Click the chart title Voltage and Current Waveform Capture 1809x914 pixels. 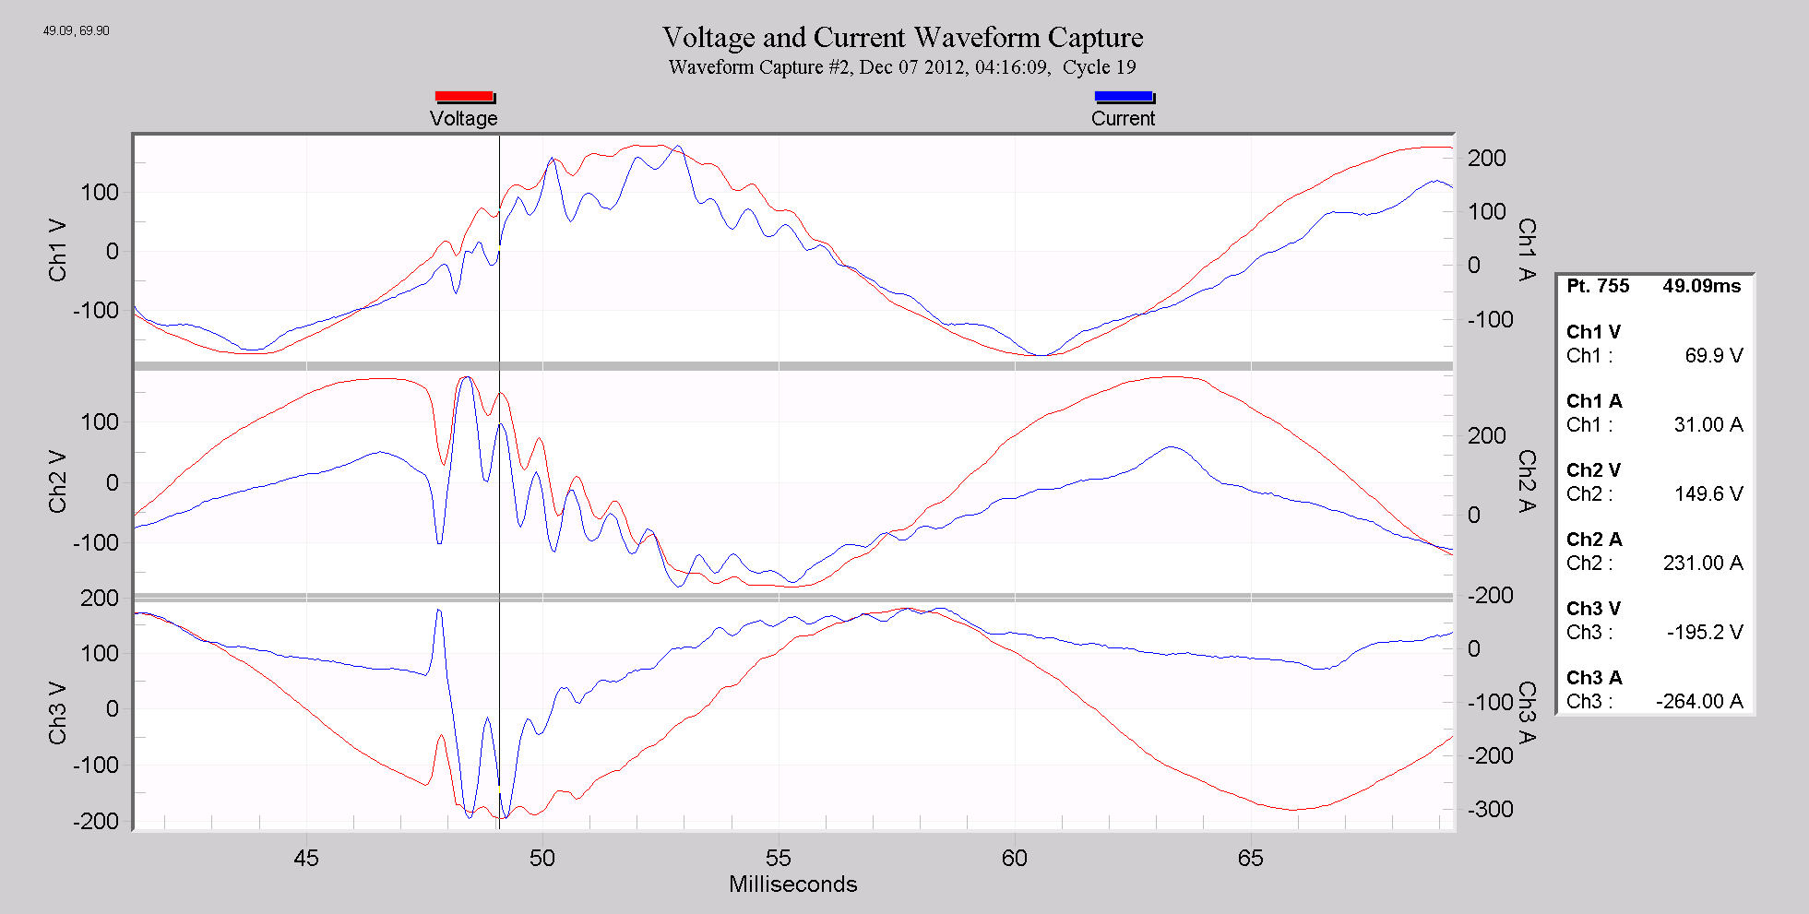[x=902, y=37]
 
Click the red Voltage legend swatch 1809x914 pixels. [x=464, y=97]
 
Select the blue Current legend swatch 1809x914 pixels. [x=1123, y=97]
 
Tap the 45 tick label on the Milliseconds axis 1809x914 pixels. [x=306, y=859]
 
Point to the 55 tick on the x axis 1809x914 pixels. [x=779, y=859]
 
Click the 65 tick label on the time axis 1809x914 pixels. [x=1250, y=859]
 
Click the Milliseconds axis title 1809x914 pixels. [x=792, y=884]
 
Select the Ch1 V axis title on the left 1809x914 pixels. [x=58, y=250]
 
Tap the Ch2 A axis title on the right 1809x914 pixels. [x=1527, y=481]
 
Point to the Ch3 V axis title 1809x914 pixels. [x=58, y=712]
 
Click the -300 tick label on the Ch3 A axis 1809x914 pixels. [x=1491, y=809]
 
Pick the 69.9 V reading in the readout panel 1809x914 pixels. [x=1713, y=356]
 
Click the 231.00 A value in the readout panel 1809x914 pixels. [x=1702, y=564]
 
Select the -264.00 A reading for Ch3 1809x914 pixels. [x=1698, y=702]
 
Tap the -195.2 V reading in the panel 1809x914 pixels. [x=1704, y=633]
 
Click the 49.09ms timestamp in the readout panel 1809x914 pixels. [x=1701, y=286]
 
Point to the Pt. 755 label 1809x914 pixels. [x=1598, y=286]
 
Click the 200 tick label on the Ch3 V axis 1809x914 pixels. [x=100, y=599]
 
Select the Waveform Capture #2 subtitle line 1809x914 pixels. [x=902, y=67]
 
